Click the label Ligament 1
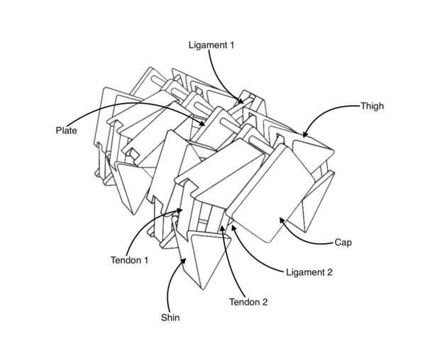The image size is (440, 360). tap(211, 45)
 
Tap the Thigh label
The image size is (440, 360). tap(372, 107)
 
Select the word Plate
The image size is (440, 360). tap(66, 131)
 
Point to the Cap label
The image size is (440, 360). tap(343, 242)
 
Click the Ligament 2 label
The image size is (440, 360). tap(309, 272)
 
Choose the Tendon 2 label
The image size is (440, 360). tap(248, 302)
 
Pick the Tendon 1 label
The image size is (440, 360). tap(129, 261)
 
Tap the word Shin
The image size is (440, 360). tap(170, 317)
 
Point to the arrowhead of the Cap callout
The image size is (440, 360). tap(280, 219)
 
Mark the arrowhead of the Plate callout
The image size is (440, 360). tap(206, 125)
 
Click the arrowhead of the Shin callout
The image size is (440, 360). tap(186, 258)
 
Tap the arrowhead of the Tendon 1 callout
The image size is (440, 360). tap(182, 210)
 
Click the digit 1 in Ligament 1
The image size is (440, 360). tap(231, 45)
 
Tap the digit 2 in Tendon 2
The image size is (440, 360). tap(265, 302)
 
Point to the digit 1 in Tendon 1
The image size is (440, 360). tap(145, 261)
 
